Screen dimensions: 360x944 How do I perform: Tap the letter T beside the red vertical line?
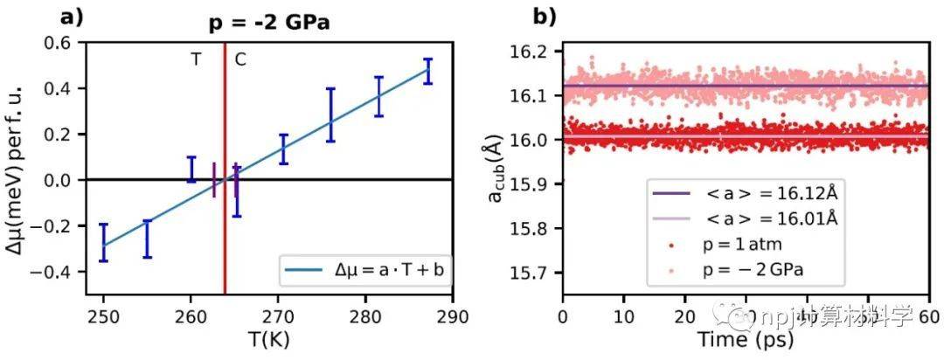[x=196, y=60]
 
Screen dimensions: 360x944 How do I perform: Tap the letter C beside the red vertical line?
[x=239, y=60]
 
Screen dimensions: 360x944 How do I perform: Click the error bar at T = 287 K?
[x=427, y=71]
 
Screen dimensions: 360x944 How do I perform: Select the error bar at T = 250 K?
[x=103, y=242]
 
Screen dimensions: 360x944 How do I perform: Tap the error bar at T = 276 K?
[x=331, y=114]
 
